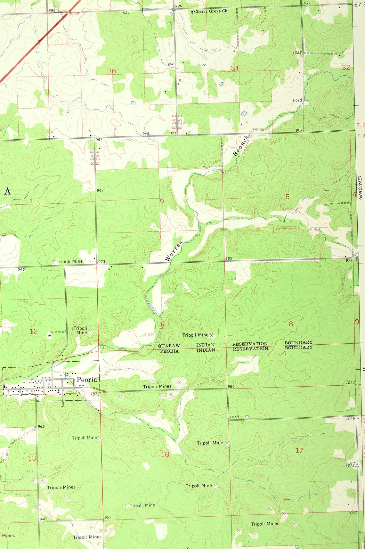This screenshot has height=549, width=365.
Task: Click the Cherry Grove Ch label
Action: (210, 11)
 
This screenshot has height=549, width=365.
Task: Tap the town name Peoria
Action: (87, 380)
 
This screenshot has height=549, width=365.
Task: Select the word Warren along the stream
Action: (174, 251)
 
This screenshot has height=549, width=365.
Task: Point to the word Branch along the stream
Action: (241, 146)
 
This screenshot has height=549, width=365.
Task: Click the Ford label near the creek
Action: (297, 100)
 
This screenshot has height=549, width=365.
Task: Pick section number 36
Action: (111, 71)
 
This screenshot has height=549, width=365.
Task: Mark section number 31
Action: (235, 68)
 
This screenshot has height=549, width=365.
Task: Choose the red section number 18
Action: (165, 454)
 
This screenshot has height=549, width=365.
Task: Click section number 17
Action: (299, 450)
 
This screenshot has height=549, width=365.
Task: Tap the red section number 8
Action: (291, 324)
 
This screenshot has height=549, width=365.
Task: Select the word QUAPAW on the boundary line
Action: (169, 346)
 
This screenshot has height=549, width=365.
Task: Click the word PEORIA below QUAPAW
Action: (169, 351)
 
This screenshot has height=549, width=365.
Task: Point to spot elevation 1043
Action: (350, 382)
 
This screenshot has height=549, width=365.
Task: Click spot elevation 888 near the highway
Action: (52, 11)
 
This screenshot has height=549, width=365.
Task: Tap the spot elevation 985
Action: (228, 258)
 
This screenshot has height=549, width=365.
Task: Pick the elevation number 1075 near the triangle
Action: (350, 465)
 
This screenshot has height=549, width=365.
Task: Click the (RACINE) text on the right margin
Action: (360, 187)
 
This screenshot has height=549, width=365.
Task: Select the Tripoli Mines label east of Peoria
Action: (157, 387)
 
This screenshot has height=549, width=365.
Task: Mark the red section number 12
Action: (34, 331)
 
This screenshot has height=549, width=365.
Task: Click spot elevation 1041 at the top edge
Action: (306, 3)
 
